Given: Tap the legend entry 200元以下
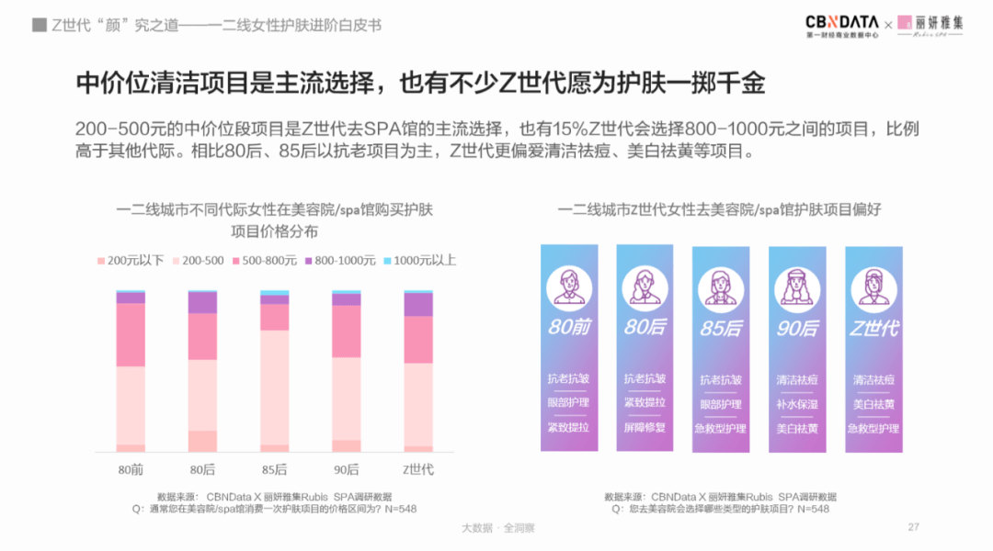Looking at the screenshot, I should [130, 261].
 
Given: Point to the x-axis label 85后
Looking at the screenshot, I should [274, 470].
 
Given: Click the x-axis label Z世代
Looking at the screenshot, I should [418, 470].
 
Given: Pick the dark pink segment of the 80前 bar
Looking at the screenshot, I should [131, 334].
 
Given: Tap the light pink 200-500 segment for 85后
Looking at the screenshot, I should [274, 387].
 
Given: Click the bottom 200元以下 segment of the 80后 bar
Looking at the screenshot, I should [202, 441].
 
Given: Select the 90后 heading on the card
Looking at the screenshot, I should [796, 328].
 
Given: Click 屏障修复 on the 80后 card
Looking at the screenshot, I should [645, 427].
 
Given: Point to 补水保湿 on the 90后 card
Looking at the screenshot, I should [796, 403].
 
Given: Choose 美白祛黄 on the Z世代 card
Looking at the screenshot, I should [873, 403].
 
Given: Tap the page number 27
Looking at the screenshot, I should [913, 527].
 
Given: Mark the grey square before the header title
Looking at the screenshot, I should [40, 25].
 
